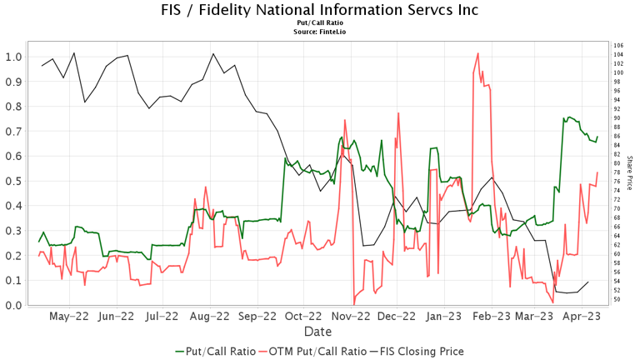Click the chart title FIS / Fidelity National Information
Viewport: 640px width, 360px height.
coord(320,11)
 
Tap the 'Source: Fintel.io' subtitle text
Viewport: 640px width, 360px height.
coord(320,32)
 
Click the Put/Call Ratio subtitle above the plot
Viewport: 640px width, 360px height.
coord(320,24)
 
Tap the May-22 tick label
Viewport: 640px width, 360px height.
coord(69,317)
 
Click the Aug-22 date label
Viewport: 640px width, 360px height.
coord(209,317)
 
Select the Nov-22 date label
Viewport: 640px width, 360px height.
coord(351,317)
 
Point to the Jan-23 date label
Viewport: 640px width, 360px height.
coord(444,317)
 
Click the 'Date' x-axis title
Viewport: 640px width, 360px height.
coord(320,331)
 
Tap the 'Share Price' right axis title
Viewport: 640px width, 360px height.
coord(630,173)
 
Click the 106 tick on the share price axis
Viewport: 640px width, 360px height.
coord(617,45)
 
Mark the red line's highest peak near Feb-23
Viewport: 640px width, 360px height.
coord(477,54)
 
